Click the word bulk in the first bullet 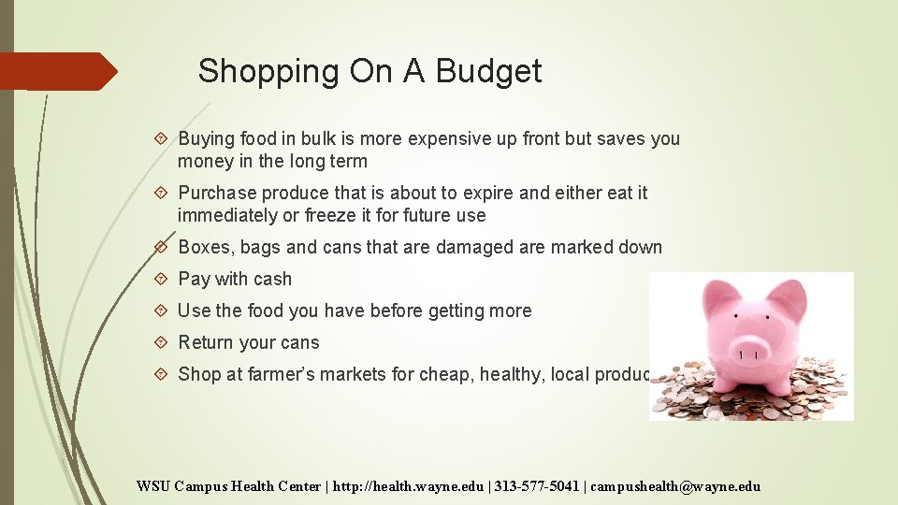click(324, 138)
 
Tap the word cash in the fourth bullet click(271, 279)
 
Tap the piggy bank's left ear click(715, 298)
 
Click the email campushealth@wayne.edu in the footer click(676, 485)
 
